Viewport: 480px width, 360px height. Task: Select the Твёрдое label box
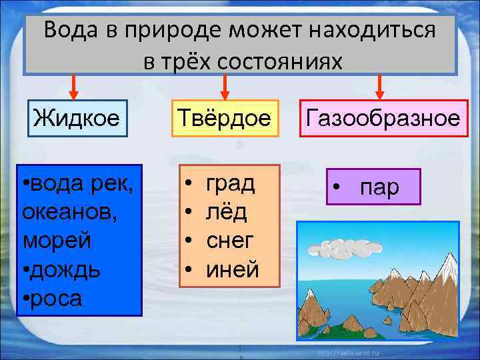tap(225, 119)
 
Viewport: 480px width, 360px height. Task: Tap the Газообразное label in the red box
tap(382, 119)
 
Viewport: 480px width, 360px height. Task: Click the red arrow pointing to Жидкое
tap(75, 86)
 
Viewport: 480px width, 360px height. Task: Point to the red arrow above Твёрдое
tap(225, 86)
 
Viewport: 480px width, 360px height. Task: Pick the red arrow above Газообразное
tap(379, 86)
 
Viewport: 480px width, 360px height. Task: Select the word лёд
tap(227, 212)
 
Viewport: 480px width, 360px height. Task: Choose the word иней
tap(232, 269)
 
